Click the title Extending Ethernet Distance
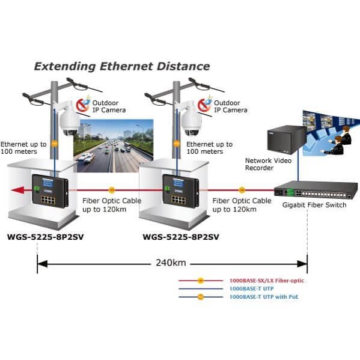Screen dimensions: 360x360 click(x=122, y=67)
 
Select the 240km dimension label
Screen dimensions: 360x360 click(x=171, y=263)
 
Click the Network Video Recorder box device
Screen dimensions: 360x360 click(x=287, y=139)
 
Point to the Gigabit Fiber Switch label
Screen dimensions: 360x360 click(x=314, y=205)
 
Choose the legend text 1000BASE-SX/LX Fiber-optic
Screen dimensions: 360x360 click(x=267, y=280)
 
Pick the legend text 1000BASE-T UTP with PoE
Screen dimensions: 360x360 click(x=264, y=297)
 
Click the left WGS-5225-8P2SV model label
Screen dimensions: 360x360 click(x=46, y=237)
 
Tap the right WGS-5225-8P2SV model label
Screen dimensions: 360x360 click(x=181, y=237)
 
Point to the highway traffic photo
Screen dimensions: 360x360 click(x=114, y=145)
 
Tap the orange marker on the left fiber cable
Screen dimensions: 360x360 click(x=112, y=190)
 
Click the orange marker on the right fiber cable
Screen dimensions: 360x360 click(x=242, y=190)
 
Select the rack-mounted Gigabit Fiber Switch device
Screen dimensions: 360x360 click(x=316, y=189)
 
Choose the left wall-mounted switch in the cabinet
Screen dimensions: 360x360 click(x=50, y=191)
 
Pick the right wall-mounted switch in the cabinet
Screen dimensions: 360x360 click(x=181, y=191)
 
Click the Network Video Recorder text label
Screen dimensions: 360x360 click(x=269, y=164)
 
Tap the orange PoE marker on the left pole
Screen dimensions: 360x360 click(x=55, y=144)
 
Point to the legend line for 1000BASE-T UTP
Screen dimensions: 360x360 click(x=201, y=289)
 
